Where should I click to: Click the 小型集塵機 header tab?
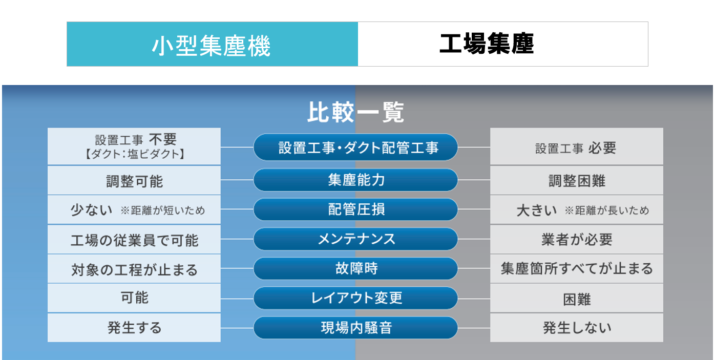212,44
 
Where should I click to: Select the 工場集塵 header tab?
503,44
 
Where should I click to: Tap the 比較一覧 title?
355,112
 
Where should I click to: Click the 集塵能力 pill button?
355,180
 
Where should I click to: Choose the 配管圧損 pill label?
355,209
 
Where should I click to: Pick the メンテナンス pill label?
355,239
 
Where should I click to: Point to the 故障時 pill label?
355,268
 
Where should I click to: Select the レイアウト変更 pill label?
355,298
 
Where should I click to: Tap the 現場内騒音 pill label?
355,328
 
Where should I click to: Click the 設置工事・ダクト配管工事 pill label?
355,147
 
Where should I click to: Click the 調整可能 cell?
134,180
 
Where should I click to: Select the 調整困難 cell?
577,180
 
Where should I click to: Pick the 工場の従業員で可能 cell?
134,239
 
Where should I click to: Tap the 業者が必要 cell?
577,239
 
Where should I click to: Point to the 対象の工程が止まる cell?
134,269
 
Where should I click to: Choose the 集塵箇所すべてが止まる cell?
577,269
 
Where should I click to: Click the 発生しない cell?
577,328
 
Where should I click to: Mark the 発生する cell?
134,328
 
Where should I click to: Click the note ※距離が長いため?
607,210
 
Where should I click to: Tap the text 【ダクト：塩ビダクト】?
134,154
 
